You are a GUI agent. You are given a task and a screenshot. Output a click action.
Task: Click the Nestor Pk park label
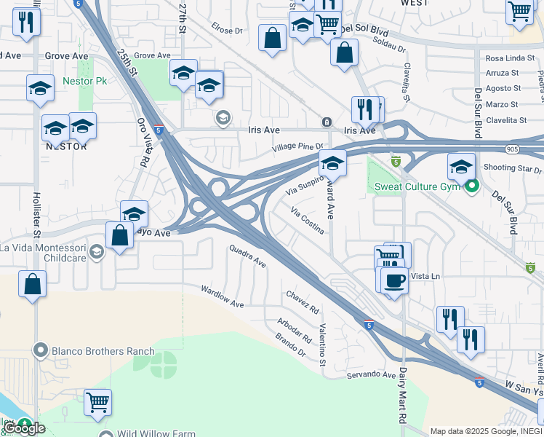[85, 81]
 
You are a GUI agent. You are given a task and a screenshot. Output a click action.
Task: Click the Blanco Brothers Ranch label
[103, 351]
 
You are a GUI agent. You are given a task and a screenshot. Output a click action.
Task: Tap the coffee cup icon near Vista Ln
[394, 280]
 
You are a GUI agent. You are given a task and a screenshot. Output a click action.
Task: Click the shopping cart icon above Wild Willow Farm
[97, 401]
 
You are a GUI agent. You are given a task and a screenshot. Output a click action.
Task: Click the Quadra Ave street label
[247, 256]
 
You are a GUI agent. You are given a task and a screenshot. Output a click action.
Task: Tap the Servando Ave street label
[369, 374]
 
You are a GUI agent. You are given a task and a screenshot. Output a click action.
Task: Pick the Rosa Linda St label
[505, 58]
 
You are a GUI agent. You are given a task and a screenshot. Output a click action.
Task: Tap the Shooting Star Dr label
[508, 168]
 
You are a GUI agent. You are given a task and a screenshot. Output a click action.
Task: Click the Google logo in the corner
[24, 428]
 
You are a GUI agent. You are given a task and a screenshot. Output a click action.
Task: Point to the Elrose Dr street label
[226, 31]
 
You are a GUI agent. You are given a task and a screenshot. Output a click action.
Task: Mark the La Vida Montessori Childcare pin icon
[96, 252]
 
